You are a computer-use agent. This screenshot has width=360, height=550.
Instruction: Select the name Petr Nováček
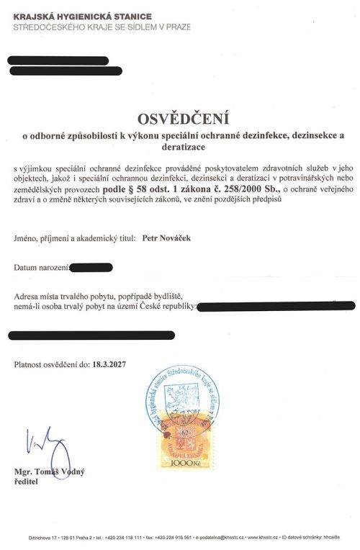coord(169,236)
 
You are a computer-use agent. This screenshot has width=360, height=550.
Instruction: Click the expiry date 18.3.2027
coord(109,366)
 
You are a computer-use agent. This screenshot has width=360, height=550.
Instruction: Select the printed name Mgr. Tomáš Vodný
coord(49,472)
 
